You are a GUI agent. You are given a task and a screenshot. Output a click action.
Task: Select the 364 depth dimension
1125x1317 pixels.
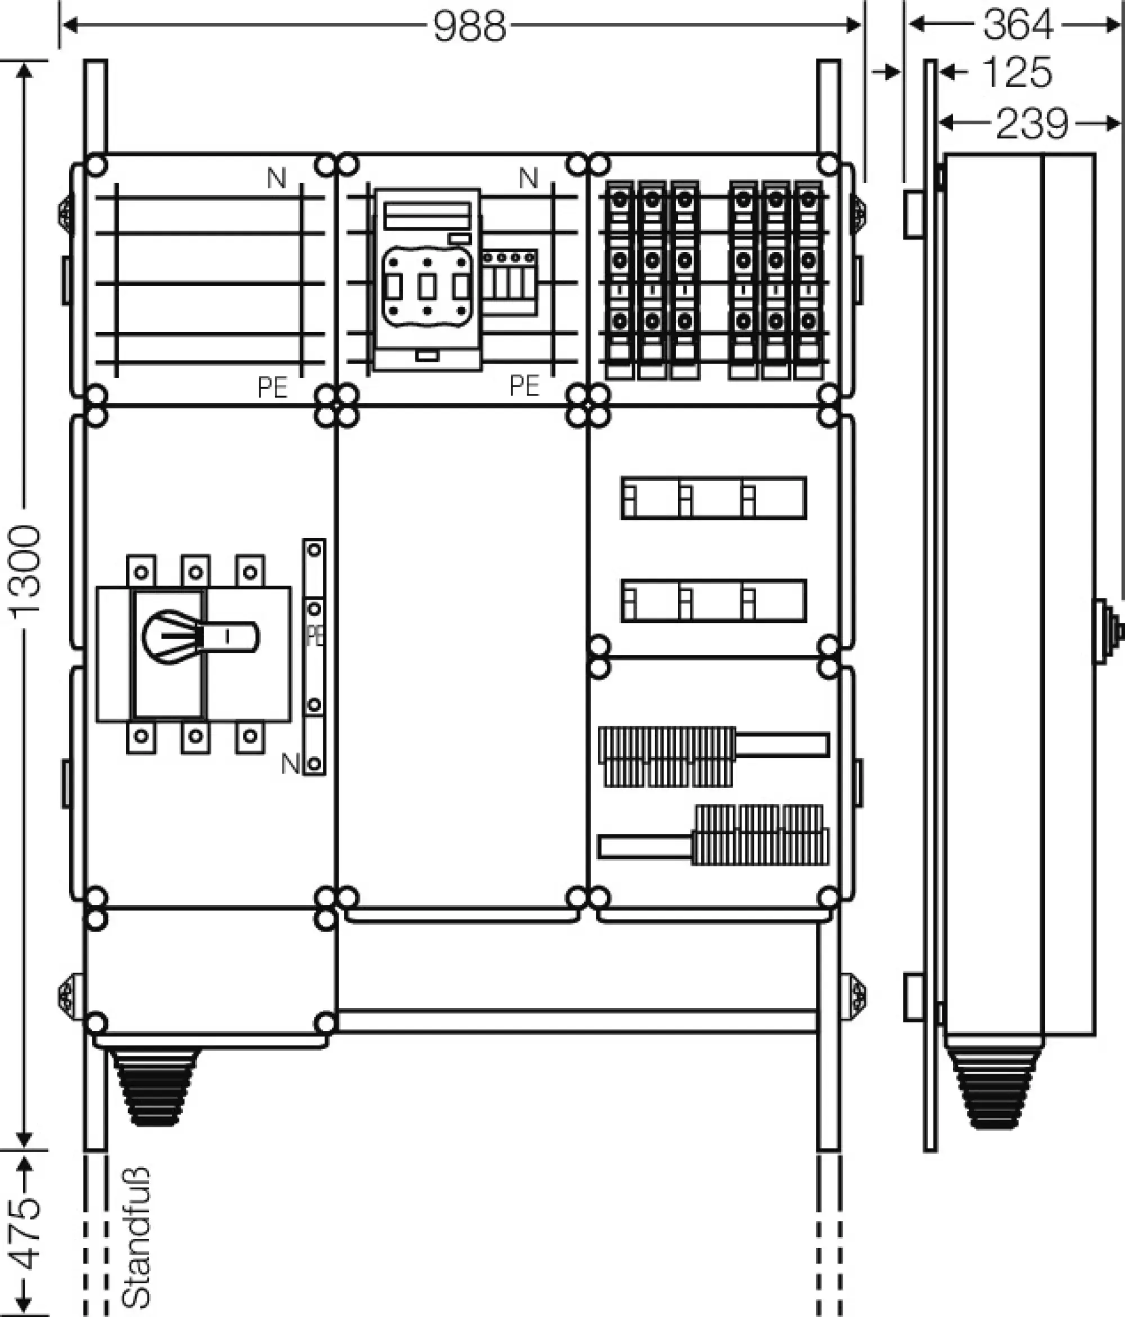[1018, 25]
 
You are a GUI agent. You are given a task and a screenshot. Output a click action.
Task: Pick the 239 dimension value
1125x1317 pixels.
[1032, 123]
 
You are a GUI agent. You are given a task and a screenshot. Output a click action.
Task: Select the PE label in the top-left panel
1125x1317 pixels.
[272, 387]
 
